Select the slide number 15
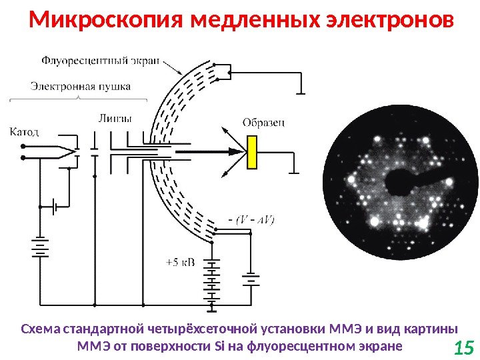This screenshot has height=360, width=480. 463,347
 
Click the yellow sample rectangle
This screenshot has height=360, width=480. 252,152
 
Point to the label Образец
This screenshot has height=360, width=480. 264,122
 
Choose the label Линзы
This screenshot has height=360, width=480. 115,119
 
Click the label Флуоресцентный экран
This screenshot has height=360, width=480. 101,60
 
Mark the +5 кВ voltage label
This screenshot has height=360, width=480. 180,262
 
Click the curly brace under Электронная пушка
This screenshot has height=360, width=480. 79,98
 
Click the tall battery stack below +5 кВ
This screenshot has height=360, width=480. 212,283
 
